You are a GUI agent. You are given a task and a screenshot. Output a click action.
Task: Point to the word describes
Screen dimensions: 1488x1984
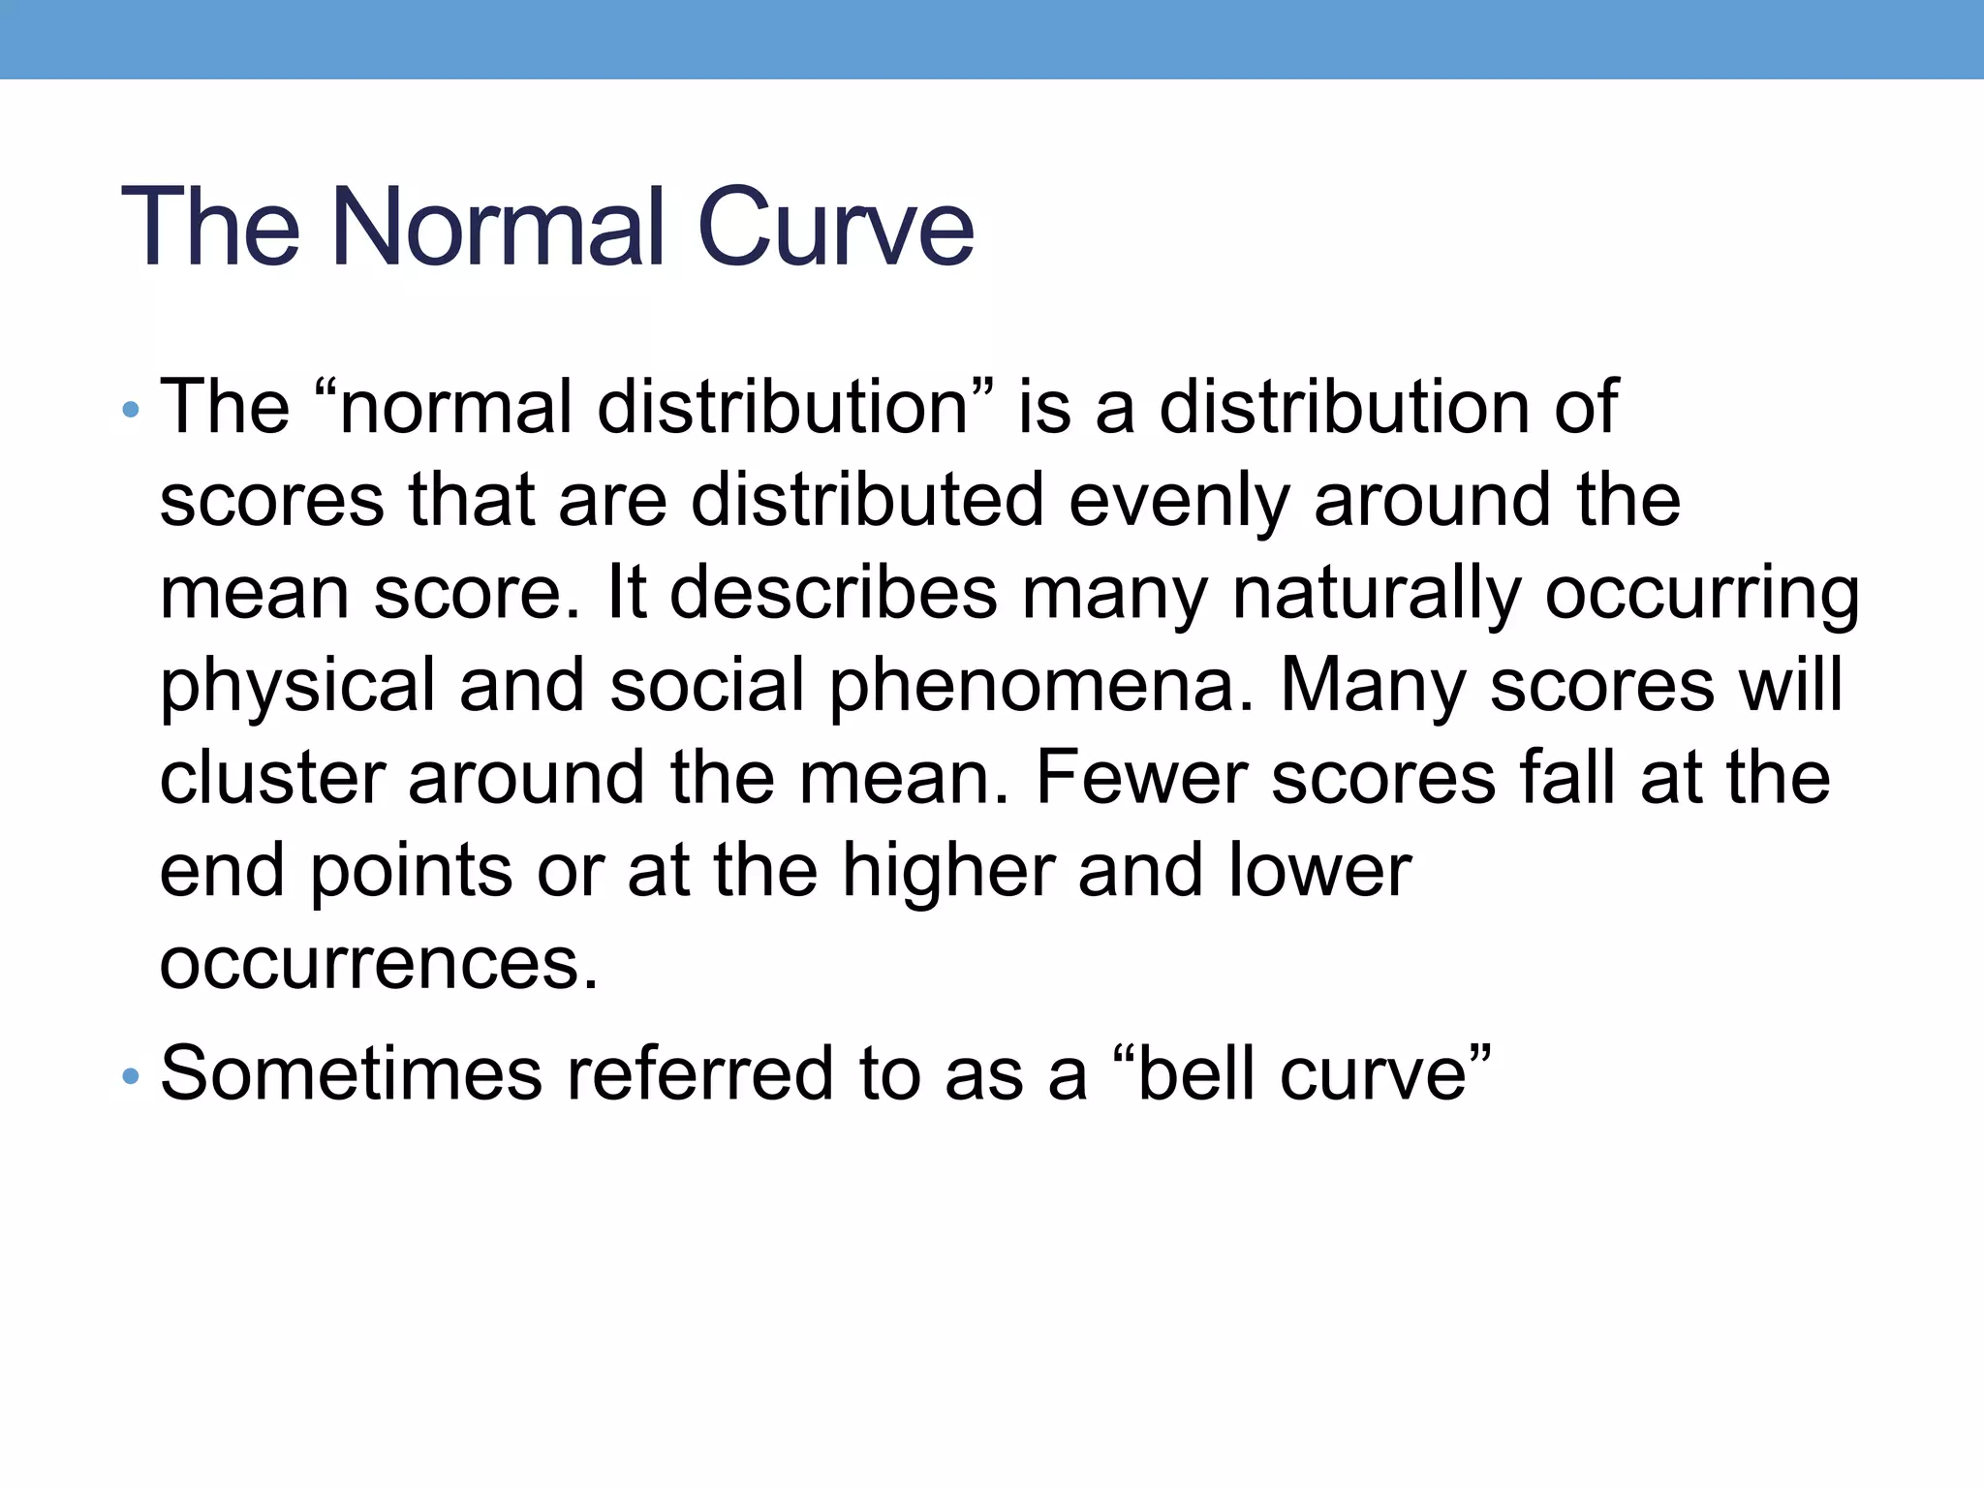833,593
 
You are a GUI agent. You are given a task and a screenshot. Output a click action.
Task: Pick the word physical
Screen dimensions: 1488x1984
297,686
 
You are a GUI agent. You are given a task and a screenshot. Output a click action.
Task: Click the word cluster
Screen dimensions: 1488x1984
271,779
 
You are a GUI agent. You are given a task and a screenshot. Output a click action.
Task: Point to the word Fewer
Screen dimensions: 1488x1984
1142,779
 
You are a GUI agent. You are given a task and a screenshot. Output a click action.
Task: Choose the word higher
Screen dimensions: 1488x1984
948,872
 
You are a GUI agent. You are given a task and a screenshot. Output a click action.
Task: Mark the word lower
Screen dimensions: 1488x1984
1320,872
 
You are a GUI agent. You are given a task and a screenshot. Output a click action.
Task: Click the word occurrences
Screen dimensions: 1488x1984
379,965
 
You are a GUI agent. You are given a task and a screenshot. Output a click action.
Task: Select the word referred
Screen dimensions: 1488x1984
699,1074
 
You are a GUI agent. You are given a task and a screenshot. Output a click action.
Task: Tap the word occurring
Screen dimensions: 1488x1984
1702,593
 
